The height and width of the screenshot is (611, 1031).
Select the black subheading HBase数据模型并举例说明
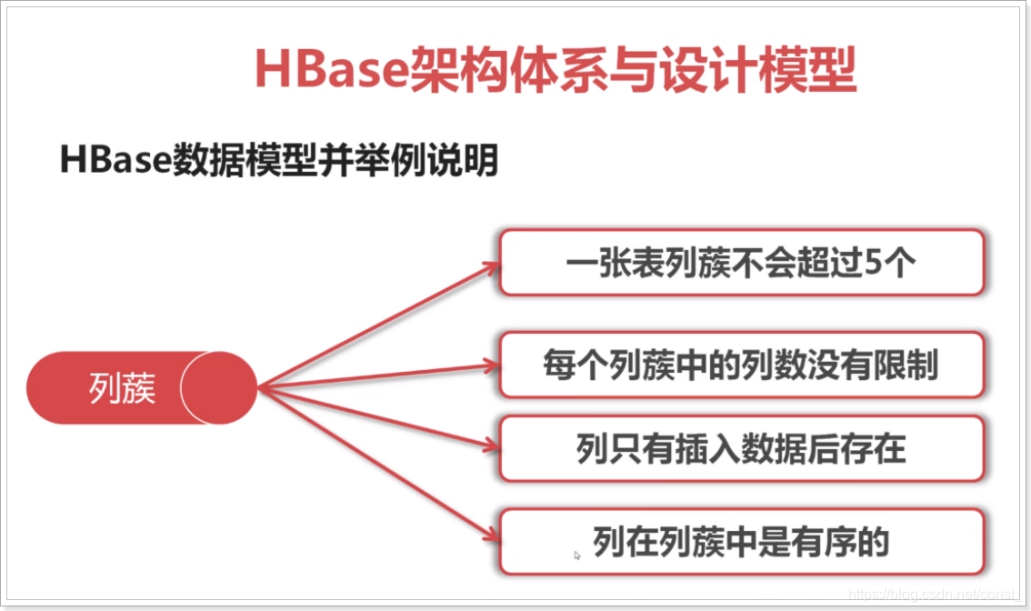coord(278,161)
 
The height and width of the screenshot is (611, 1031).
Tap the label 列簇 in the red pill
coord(123,388)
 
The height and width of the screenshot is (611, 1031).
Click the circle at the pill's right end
coord(219,388)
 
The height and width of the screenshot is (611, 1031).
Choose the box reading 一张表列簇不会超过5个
coord(741,263)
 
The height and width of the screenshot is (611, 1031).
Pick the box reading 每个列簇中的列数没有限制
coord(741,365)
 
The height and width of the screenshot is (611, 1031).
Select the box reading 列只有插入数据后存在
coord(741,449)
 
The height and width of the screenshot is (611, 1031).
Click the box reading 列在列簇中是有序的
coord(741,542)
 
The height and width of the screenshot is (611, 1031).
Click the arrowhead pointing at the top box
coord(492,265)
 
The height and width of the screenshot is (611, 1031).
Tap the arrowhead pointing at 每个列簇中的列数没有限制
coord(492,366)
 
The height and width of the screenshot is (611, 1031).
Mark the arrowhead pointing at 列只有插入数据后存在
coord(492,446)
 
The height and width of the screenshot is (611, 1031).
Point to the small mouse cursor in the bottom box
coord(577,555)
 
